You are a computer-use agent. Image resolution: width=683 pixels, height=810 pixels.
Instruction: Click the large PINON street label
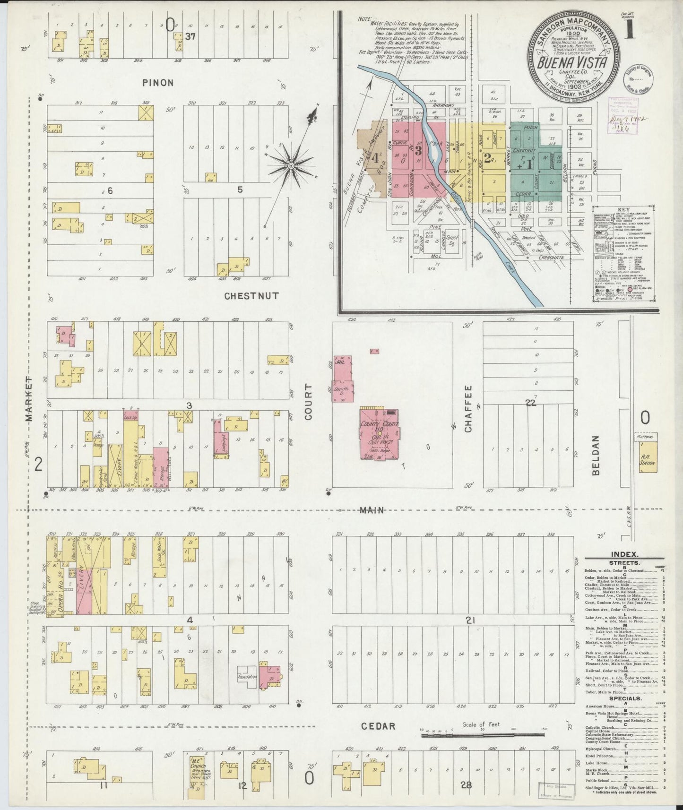click(157, 83)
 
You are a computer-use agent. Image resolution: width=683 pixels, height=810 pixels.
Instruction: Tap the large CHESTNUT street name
click(251, 296)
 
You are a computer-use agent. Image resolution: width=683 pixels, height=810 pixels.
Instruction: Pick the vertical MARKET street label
click(29, 399)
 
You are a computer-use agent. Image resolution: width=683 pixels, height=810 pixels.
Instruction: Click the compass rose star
click(291, 165)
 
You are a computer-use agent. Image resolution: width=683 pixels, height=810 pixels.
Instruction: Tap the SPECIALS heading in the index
click(625, 698)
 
